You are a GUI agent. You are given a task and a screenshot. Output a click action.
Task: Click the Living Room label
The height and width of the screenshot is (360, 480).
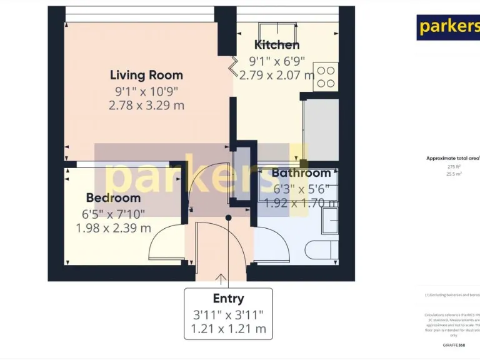coord(146,75)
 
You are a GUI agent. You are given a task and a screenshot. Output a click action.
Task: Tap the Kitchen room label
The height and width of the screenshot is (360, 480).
coord(276,44)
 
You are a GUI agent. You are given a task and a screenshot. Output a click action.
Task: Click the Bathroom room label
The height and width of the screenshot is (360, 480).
coord(301,173)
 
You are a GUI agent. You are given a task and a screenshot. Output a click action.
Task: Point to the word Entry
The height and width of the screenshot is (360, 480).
coord(228,299)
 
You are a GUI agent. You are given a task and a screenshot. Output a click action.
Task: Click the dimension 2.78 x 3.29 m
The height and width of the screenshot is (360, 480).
coord(146,106)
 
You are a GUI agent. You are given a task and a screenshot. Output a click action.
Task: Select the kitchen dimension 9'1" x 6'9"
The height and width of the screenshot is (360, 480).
coord(277,61)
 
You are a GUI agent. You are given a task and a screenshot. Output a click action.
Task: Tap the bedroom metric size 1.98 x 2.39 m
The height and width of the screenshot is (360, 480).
coord(113,228)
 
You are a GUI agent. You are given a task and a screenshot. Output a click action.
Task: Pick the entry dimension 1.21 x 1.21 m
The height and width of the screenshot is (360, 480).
coord(228,329)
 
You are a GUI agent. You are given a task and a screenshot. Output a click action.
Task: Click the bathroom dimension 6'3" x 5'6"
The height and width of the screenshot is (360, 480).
coord(302,189)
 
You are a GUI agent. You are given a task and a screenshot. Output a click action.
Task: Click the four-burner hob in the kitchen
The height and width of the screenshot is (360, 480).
coord(326,77)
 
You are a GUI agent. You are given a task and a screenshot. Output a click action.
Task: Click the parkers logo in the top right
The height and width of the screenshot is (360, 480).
coord(448,26)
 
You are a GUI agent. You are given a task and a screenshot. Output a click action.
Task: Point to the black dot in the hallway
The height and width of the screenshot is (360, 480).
coord(228,218)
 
